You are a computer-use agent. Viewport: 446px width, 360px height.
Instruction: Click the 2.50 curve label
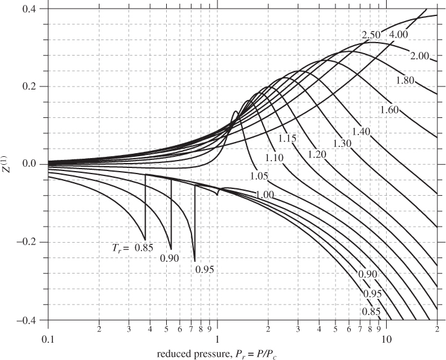[x=371, y=34]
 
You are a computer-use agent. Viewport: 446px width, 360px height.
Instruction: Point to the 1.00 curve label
[x=266, y=195]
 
